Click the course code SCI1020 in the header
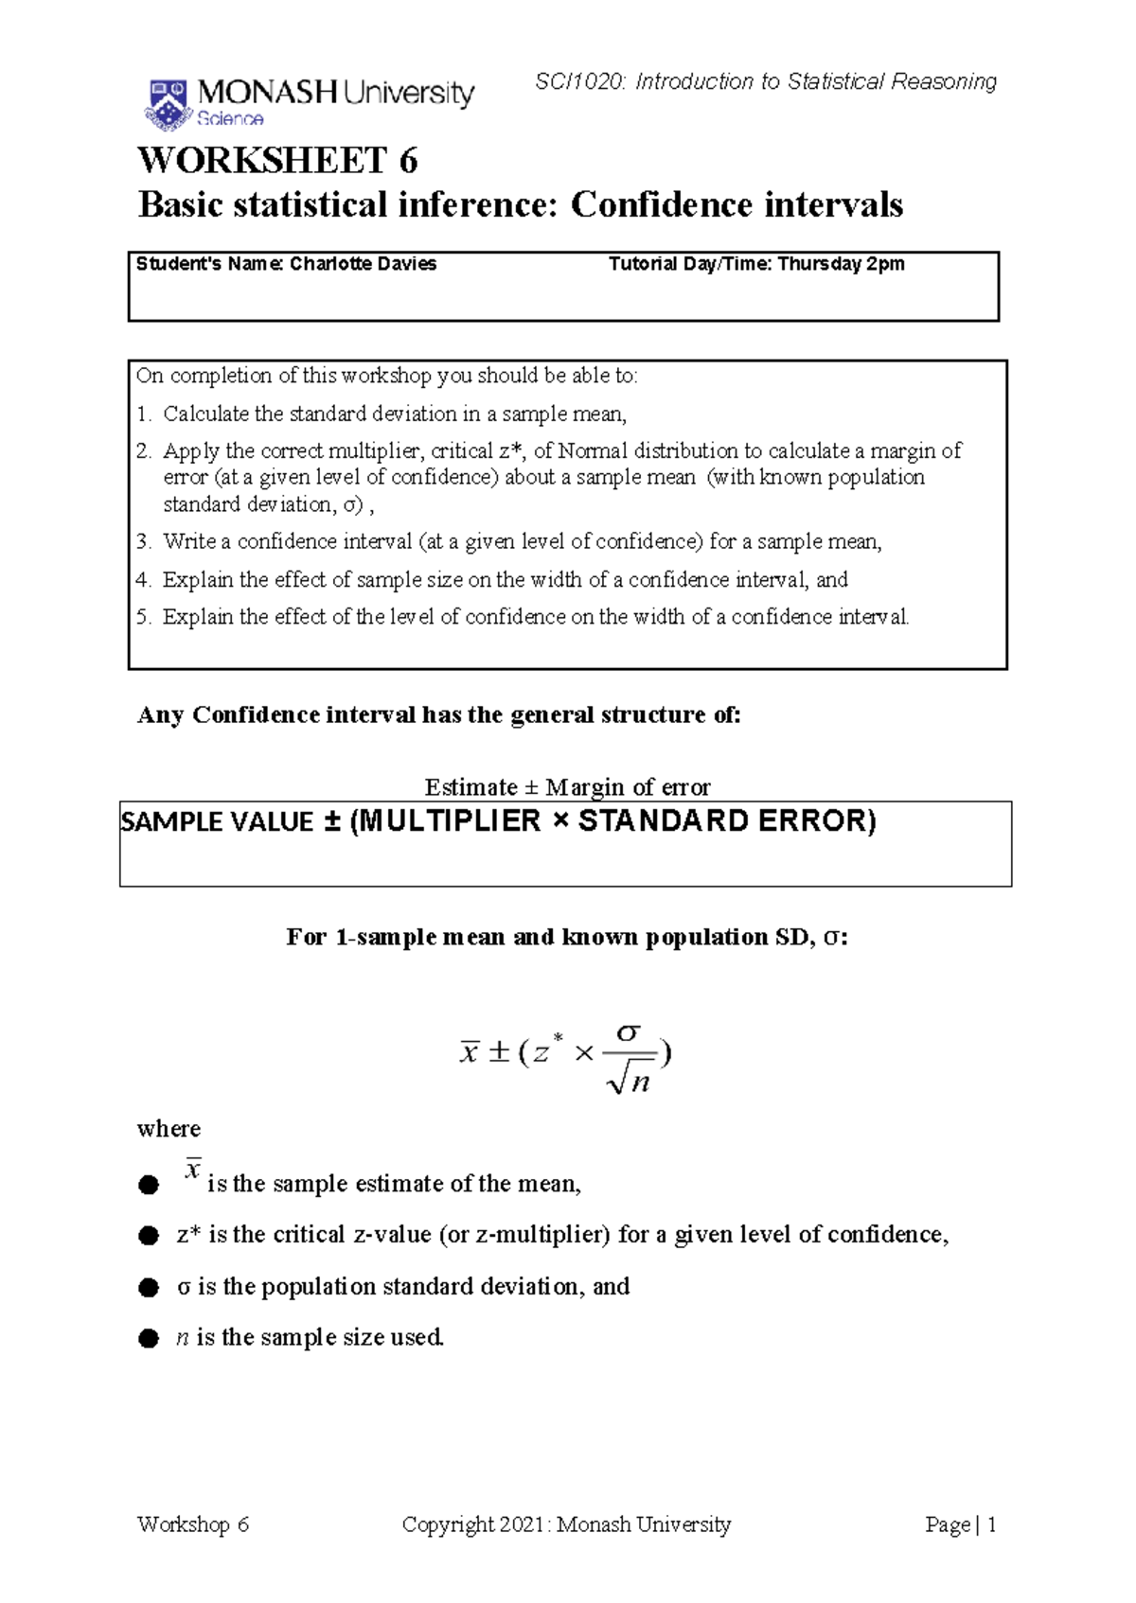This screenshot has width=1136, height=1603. tap(578, 82)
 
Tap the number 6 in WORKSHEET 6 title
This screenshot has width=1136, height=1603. tap(408, 161)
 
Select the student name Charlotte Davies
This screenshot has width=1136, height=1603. tap(363, 264)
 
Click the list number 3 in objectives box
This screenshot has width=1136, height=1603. tap(143, 542)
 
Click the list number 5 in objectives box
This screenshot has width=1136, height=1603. tap(143, 618)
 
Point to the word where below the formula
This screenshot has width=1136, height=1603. tap(169, 1129)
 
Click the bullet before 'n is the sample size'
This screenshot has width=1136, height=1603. tap(148, 1339)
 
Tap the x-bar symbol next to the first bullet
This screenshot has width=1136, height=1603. tap(192, 1170)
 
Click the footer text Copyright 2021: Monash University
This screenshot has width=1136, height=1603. tap(566, 1524)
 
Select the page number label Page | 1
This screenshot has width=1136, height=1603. tap(960, 1524)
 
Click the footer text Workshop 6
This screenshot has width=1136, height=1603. tap(192, 1524)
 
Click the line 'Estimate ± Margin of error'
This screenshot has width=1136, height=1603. tap(566, 787)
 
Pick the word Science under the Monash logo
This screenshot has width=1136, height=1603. tap(230, 119)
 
